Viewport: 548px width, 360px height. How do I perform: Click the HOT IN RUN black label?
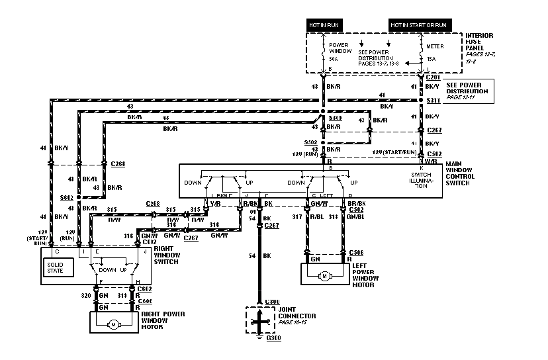[x=326, y=24]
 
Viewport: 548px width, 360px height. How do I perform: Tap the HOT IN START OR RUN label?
[x=418, y=24]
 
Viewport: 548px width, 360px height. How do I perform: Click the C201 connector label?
[x=434, y=77]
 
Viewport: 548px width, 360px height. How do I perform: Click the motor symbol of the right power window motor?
[x=113, y=324]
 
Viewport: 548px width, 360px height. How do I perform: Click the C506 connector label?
[x=357, y=253]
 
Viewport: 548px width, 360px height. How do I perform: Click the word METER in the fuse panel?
[x=434, y=46]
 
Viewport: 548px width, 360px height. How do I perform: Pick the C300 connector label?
[x=271, y=302]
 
